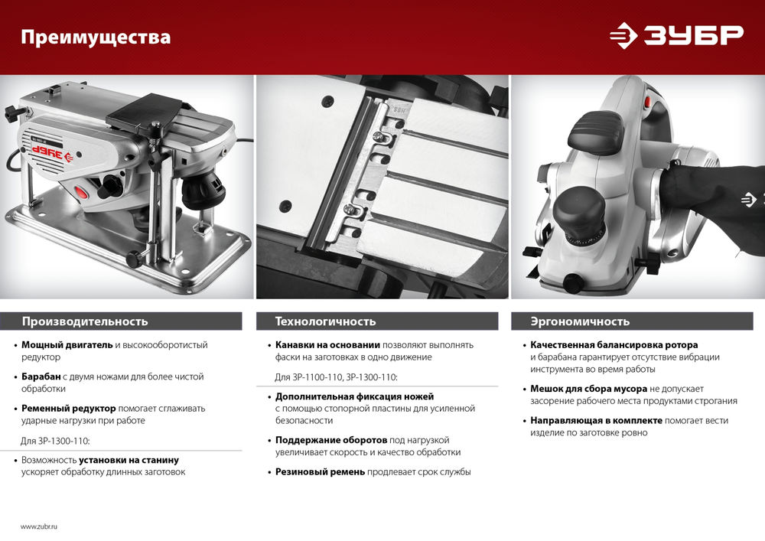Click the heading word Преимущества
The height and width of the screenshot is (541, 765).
coord(96,37)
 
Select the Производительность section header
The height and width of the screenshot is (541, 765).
coord(85,321)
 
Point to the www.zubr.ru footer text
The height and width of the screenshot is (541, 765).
coord(39,526)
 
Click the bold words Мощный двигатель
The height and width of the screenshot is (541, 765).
coord(67,345)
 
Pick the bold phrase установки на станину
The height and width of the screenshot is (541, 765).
coord(129,460)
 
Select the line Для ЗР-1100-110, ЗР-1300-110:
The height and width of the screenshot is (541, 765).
coord(337,377)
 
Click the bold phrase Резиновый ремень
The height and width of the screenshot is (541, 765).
coord(320,472)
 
